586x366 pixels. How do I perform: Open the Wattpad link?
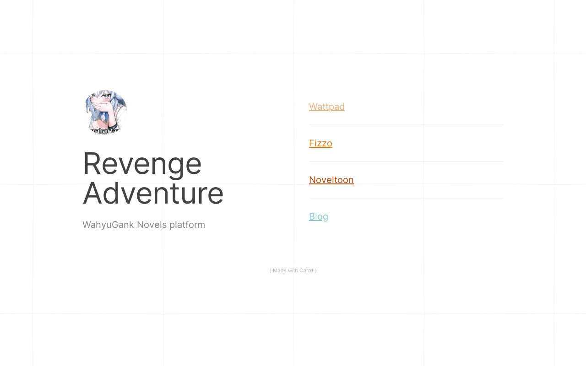click(326, 107)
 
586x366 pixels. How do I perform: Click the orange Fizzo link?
click(320, 143)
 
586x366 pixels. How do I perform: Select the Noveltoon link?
click(331, 180)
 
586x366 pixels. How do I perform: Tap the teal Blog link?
click(318, 216)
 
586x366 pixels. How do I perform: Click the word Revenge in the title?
click(142, 164)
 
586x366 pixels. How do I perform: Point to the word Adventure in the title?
click(153, 194)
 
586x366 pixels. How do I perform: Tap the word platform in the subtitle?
click(187, 225)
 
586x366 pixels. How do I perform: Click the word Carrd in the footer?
click(306, 270)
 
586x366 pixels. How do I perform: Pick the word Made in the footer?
click(279, 270)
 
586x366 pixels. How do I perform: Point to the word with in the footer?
click(293, 270)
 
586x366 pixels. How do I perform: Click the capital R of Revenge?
click(92, 164)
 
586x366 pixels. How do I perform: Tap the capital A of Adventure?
click(92, 194)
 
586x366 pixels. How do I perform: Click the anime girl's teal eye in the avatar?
click(106, 97)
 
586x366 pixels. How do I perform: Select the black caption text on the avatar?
click(104, 131)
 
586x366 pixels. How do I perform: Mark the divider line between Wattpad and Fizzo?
click(406, 125)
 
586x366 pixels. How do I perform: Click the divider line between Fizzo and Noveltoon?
click(406, 161)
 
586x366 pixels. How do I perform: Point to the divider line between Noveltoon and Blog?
click(406, 198)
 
